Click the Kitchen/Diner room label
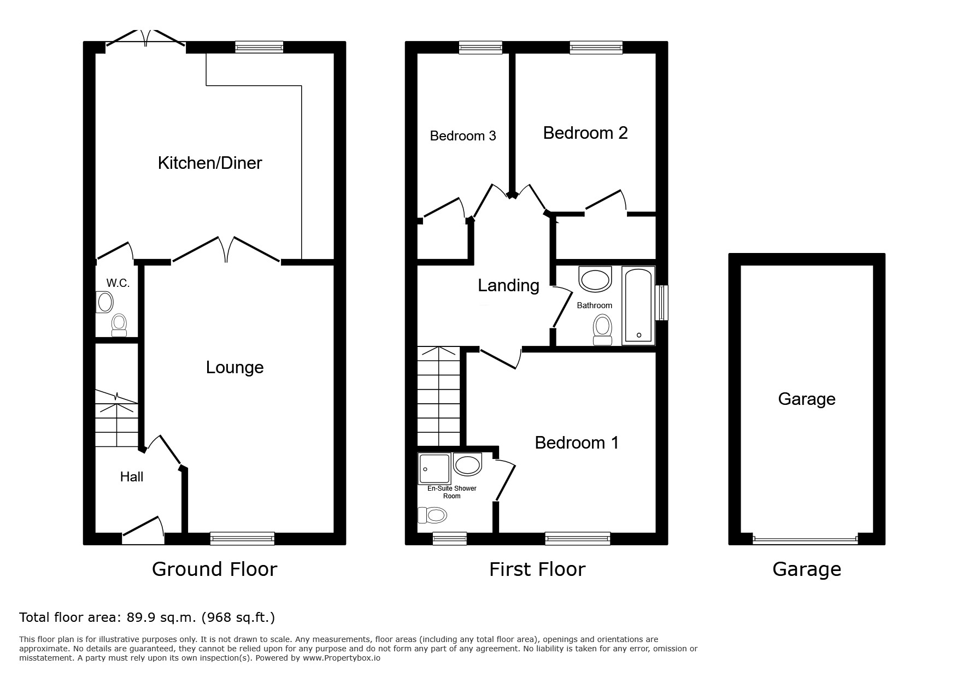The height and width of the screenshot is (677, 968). (x=210, y=163)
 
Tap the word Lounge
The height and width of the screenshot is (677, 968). (x=234, y=367)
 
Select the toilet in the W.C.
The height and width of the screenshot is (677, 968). (x=119, y=325)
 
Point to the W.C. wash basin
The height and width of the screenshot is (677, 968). (x=104, y=302)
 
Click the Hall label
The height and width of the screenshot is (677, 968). (x=132, y=477)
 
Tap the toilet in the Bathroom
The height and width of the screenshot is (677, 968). (x=603, y=329)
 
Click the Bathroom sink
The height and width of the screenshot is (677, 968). (x=595, y=279)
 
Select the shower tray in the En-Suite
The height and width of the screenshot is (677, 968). (x=435, y=469)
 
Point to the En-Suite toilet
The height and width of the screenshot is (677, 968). (x=432, y=515)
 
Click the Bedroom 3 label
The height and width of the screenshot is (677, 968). (x=463, y=136)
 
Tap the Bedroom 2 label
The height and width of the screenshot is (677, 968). (x=585, y=133)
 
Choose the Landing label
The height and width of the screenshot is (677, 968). (x=508, y=285)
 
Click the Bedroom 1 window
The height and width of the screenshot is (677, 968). (x=578, y=539)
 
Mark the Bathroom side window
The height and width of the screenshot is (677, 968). (x=661, y=302)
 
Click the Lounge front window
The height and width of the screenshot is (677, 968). (x=242, y=539)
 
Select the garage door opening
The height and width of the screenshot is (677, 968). (x=805, y=539)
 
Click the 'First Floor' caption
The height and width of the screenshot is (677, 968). (x=537, y=569)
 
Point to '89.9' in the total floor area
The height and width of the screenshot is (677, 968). (x=140, y=617)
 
